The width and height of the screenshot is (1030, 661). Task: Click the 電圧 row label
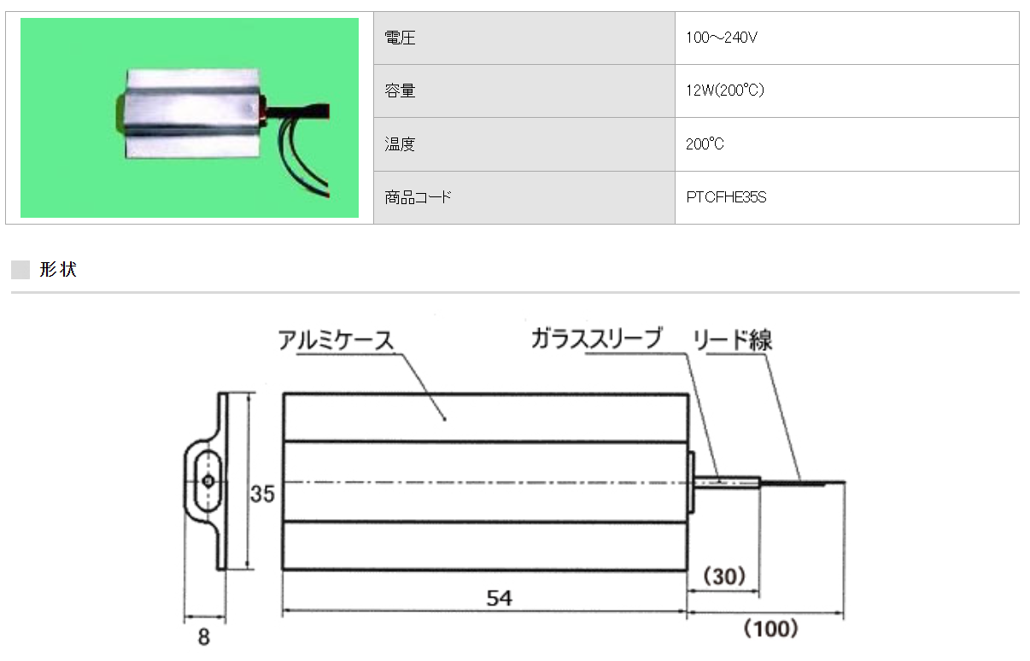click(400, 38)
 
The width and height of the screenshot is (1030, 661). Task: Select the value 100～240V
click(721, 38)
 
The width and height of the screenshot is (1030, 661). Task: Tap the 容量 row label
click(400, 91)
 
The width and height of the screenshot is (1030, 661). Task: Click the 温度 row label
click(400, 144)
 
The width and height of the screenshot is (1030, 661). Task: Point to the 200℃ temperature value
click(705, 144)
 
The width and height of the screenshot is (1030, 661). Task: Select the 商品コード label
click(418, 197)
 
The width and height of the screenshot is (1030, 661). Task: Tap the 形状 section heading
click(58, 270)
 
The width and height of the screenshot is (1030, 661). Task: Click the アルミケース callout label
click(336, 340)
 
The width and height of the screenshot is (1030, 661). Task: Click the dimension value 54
click(499, 598)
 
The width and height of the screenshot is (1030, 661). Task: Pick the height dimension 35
click(262, 494)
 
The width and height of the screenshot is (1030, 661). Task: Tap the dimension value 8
click(203, 637)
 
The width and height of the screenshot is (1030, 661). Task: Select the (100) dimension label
click(770, 630)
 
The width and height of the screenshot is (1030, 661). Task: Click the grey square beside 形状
click(20, 270)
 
